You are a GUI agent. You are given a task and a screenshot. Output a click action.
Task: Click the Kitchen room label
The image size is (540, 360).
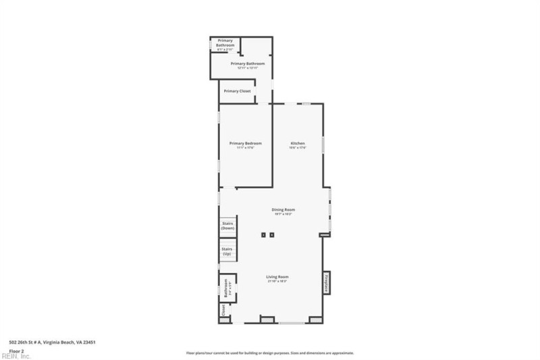pos(298,143)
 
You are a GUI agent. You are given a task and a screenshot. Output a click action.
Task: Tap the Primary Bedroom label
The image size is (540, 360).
pos(245,143)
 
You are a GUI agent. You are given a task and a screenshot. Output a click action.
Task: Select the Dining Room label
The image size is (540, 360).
pos(283,209)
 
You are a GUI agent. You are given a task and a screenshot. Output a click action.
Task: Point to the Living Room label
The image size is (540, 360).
pos(277,277)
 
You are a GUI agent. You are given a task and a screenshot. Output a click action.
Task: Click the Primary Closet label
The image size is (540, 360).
pos(237,91)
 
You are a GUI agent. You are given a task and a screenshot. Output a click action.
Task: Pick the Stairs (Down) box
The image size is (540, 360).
pos(227,226)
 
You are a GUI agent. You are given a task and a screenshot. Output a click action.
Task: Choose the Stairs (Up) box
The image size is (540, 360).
pos(227,251)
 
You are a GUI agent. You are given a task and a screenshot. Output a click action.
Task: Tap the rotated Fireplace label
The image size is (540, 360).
pos(326,282)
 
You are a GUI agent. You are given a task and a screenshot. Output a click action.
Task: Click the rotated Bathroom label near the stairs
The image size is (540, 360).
pos(225,288)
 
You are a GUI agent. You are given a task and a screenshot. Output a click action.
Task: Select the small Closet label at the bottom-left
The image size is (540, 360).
pos(223,311)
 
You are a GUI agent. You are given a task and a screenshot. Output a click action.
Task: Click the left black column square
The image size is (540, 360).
pos(263,235)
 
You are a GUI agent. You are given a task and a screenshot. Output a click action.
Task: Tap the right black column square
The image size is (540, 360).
pos(272,235)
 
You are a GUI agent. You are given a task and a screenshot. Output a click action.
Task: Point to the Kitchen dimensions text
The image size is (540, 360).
pos(298,148)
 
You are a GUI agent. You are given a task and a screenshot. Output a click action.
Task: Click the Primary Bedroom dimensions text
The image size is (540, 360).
pos(245,148)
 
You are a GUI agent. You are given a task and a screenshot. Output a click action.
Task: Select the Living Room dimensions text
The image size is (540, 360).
pos(277,282)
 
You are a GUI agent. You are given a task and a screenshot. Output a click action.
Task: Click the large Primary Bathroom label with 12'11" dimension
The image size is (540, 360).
pos(247,63)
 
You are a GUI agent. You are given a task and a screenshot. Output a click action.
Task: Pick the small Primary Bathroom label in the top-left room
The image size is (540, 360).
pos(225,43)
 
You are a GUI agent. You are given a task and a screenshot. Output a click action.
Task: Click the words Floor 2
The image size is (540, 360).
pos(16,351)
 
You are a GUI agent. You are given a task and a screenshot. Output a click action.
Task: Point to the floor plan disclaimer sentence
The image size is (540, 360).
pos(269,353)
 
